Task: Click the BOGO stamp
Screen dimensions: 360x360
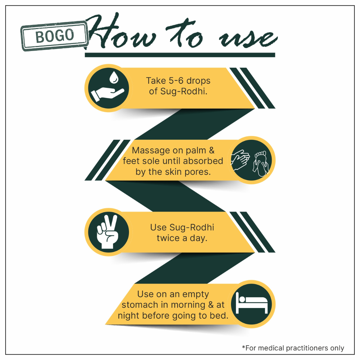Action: [x=55, y=36]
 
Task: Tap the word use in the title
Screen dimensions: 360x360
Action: [x=248, y=38]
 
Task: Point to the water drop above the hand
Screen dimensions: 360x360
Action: [x=114, y=77]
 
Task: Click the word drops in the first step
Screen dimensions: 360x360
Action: [x=198, y=81]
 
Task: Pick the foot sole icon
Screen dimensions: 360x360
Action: [x=261, y=163]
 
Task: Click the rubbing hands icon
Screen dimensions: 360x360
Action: [x=240, y=160]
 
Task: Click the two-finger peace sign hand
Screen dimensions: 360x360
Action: [x=107, y=232]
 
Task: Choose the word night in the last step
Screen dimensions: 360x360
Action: [x=129, y=316]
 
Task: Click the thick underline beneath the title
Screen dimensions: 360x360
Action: [x=180, y=55]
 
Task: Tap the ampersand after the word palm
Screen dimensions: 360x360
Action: [x=211, y=151]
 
